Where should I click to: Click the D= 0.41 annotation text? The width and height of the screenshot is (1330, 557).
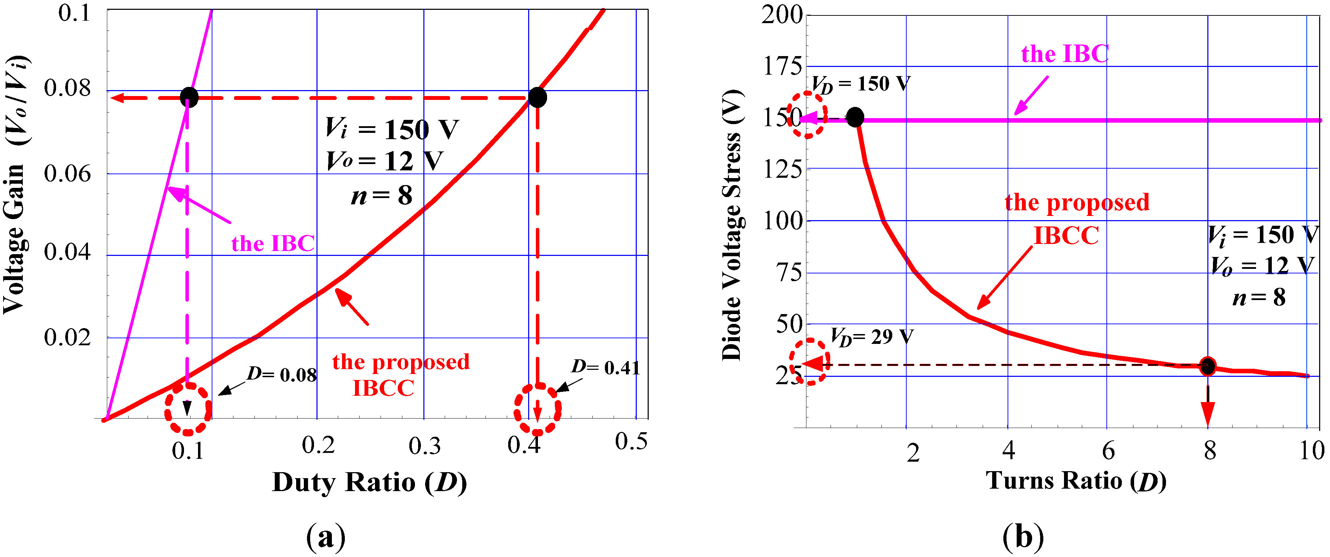(606, 368)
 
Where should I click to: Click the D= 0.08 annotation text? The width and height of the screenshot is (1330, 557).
(282, 374)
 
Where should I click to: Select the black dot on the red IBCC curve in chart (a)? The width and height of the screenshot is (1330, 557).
(538, 97)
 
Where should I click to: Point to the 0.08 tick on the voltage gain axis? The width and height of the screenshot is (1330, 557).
(67, 88)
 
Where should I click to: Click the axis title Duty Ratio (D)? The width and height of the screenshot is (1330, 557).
(369, 483)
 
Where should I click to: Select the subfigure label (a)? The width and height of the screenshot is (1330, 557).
(326, 537)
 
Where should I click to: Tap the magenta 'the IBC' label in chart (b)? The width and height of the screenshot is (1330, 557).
(1065, 54)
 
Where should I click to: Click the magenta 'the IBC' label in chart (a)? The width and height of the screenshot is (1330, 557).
(273, 243)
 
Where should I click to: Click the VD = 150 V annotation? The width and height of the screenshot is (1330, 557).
(861, 84)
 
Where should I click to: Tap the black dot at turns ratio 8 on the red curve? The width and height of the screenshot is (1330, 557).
(1208, 366)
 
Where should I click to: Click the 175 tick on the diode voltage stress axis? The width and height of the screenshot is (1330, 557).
(783, 66)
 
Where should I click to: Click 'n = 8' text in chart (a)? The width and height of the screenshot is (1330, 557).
(382, 196)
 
